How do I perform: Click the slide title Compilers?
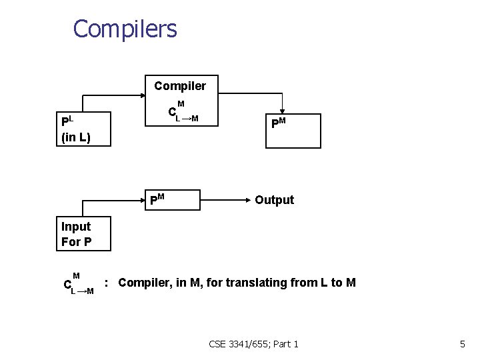coord(125,29)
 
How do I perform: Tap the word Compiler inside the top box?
coord(180,86)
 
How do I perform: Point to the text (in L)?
coord(75,138)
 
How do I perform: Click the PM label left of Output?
coord(157,199)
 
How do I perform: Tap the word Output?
coord(274,200)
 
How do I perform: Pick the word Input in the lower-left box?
coord(75,227)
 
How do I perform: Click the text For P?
coord(76,241)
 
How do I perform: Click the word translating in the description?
coord(253,283)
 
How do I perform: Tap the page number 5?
coord(462,344)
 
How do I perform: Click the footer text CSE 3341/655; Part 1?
coord(253,344)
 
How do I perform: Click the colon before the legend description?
coord(107,283)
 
